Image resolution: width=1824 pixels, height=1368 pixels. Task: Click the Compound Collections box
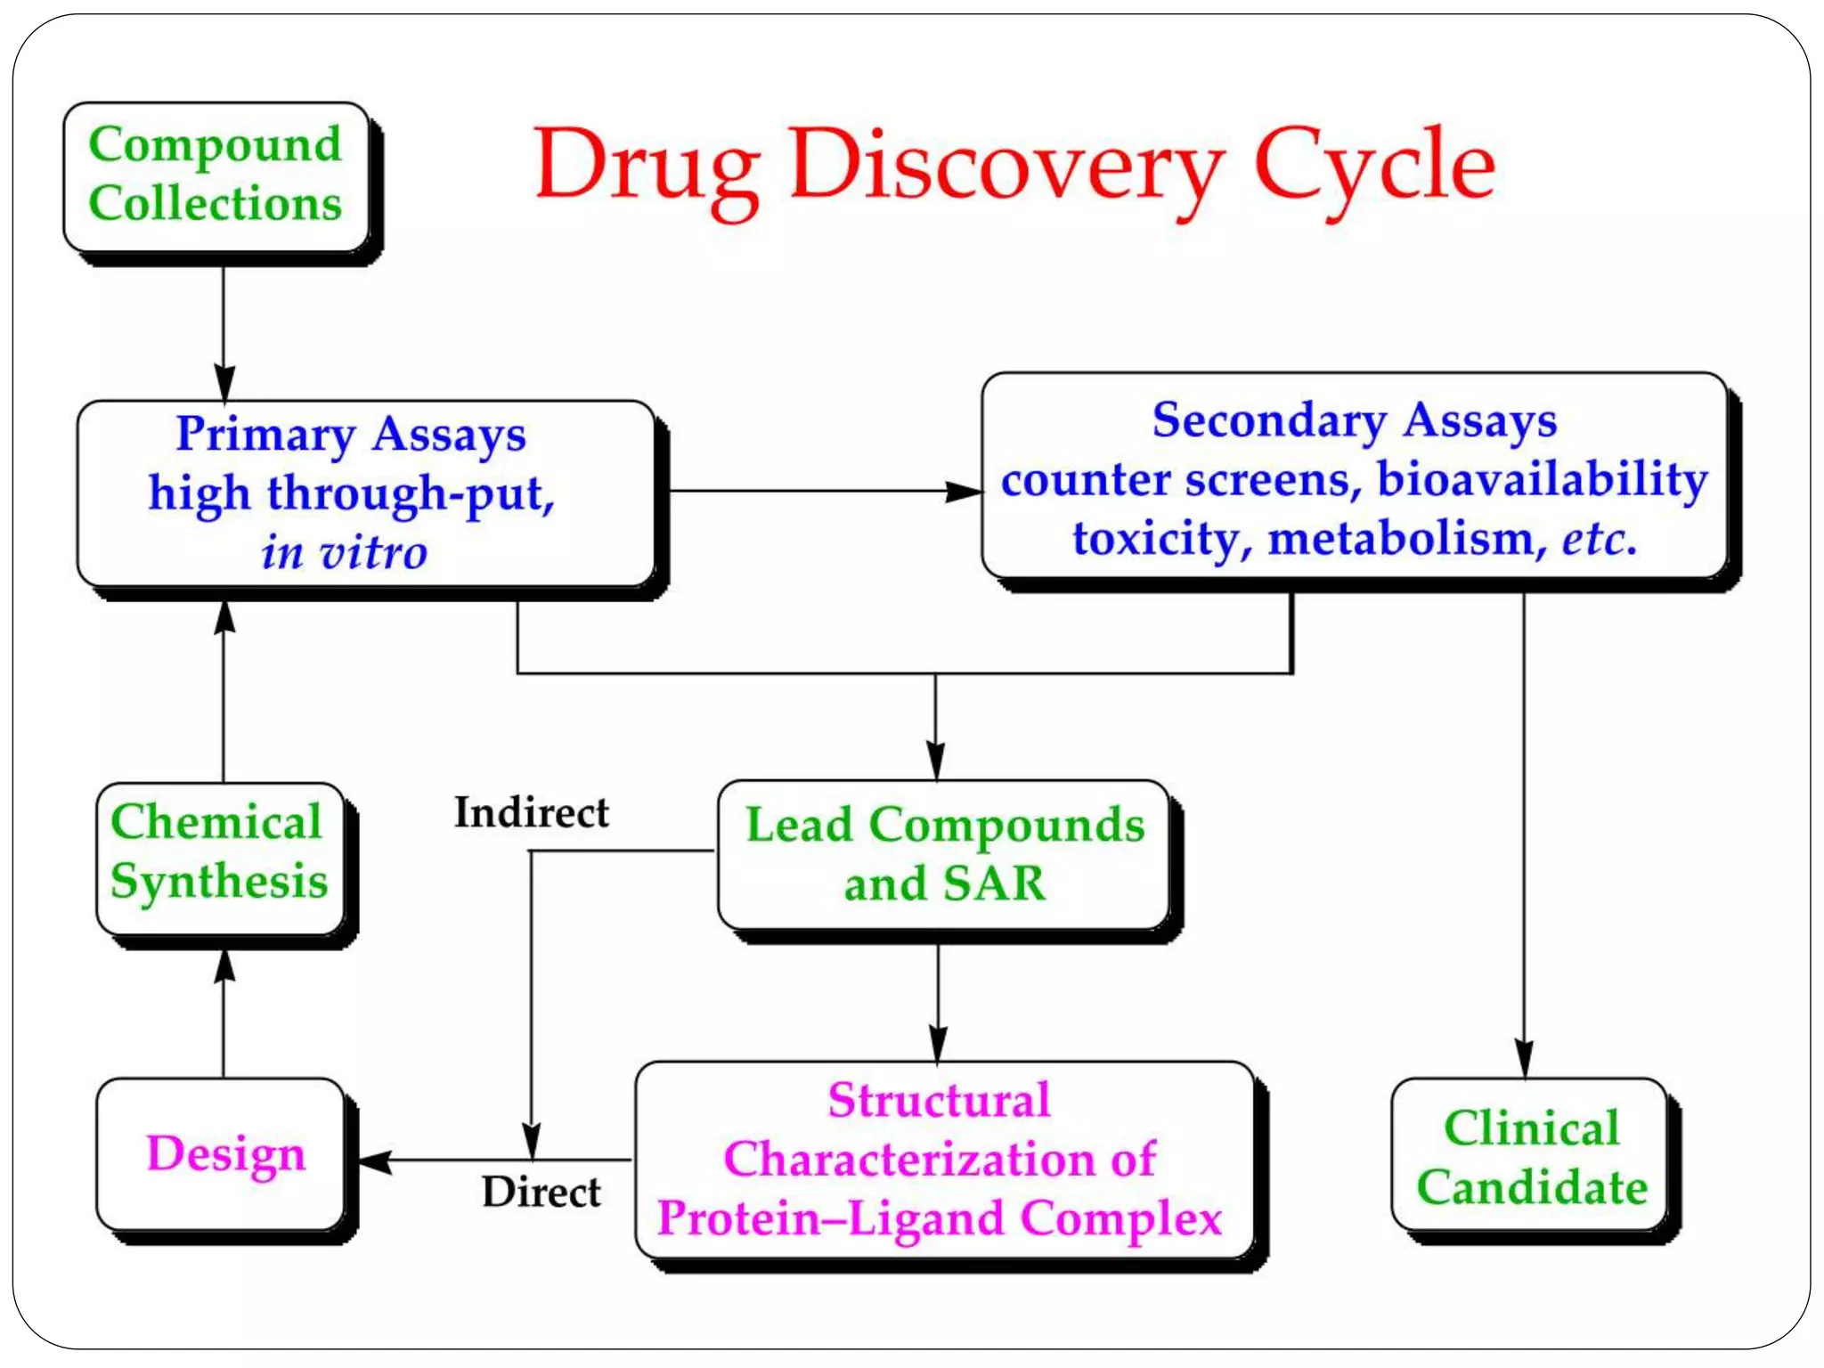[x=216, y=175]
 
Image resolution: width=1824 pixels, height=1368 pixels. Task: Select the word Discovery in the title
[x=1006, y=165]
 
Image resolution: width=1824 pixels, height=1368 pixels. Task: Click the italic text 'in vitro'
[x=344, y=552]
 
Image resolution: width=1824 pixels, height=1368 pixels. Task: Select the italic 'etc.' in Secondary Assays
[x=1599, y=538]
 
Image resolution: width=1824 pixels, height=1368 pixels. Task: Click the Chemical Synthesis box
[x=219, y=852]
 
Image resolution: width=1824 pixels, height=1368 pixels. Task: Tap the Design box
[x=225, y=1153]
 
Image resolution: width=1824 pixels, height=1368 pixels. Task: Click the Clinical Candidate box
[x=1531, y=1157]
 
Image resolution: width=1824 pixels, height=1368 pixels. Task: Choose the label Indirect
[x=532, y=812]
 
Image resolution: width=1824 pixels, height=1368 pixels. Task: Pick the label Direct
[x=541, y=1192]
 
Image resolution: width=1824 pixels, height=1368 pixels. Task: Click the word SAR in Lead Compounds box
[x=994, y=883]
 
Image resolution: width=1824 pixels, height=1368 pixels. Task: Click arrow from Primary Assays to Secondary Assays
[x=824, y=491]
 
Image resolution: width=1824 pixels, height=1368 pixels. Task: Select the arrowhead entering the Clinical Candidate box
[x=1524, y=1060]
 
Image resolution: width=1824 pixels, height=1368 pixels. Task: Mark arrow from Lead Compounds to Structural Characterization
[x=937, y=1002]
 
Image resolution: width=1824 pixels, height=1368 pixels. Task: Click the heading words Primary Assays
[x=351, y=435]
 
